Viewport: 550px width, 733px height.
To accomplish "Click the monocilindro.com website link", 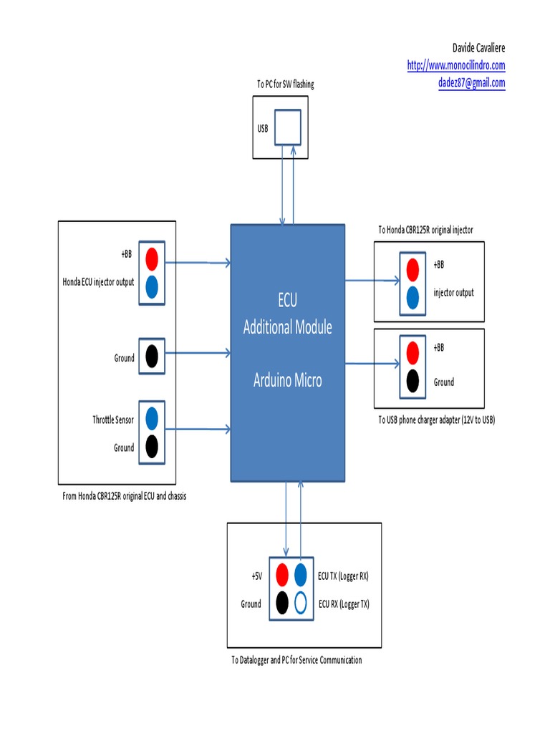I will [456, 65].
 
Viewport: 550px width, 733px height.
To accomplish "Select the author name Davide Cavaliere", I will [478, 48].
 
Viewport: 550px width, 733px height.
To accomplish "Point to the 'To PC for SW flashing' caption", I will [285, 84].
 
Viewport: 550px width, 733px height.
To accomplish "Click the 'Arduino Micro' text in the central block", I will [287, 380].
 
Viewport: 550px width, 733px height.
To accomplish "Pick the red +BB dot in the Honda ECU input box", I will [152, 256].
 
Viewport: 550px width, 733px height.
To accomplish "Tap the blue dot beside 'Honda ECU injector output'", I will [152, 286].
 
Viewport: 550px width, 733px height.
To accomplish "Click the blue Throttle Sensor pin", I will [152, 417].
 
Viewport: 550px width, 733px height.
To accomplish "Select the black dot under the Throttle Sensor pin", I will [152, 447].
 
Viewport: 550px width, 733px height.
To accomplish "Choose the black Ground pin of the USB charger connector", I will [412, 382].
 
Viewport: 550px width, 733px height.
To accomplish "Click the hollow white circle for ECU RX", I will [301, 602].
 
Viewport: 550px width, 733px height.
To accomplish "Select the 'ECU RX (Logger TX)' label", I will [344, 604].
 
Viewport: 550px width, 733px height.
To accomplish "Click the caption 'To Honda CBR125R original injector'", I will [425, 230].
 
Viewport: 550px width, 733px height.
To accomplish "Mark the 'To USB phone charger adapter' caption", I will [436, 420].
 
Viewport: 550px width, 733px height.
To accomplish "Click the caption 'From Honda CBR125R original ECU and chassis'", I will [125, 496].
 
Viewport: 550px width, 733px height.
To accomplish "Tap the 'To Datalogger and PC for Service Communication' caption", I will [296, 660].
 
